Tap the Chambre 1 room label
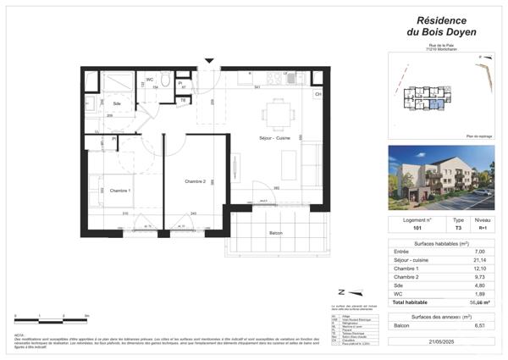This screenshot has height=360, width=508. tap(117, 191)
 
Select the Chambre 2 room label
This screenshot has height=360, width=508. tap(196, 181)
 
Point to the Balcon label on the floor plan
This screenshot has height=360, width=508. tap(276, 232)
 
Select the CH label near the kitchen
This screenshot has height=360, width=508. tap(318, 94)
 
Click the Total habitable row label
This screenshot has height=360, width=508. tap(411, 302)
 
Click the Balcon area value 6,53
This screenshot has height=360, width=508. tap(480, 324)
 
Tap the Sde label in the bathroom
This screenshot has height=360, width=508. tap(117, 102)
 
